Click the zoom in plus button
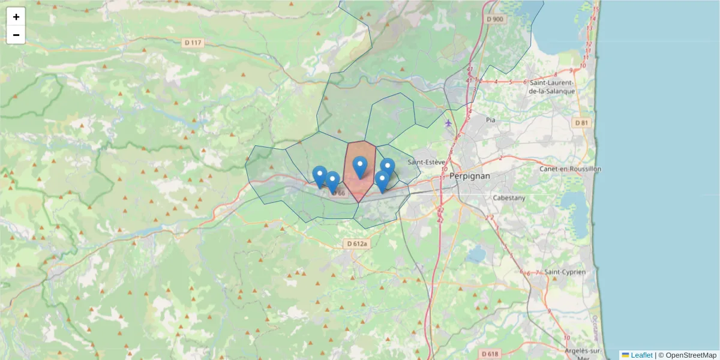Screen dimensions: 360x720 click(16, 17)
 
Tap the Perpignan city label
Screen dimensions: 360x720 click(470, 176)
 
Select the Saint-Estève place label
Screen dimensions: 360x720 click(427, 162)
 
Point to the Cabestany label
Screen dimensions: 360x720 click(508, 197)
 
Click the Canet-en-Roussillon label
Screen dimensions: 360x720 click(570, 169)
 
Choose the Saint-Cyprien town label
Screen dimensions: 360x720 click(565, 272)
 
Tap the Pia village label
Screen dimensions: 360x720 click(491, 120)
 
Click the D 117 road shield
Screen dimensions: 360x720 click(193, 43)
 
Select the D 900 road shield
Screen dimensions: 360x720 click(496, 19)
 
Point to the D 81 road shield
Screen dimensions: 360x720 click(581, 123)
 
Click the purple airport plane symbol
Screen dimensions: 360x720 click(448, 123)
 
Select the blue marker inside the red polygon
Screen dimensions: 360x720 click(360, 166)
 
